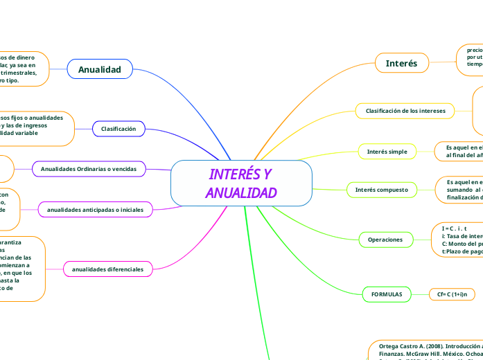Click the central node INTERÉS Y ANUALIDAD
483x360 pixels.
241,183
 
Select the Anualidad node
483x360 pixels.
100,69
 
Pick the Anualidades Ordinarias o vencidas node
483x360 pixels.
93,169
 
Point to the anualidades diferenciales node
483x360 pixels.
109,268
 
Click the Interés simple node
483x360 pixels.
387,151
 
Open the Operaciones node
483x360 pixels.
385,240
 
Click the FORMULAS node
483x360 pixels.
387,294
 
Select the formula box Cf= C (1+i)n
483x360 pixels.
452,294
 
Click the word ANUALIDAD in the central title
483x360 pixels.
241,192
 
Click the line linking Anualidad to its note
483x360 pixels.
58,69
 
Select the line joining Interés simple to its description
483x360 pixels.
425,151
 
